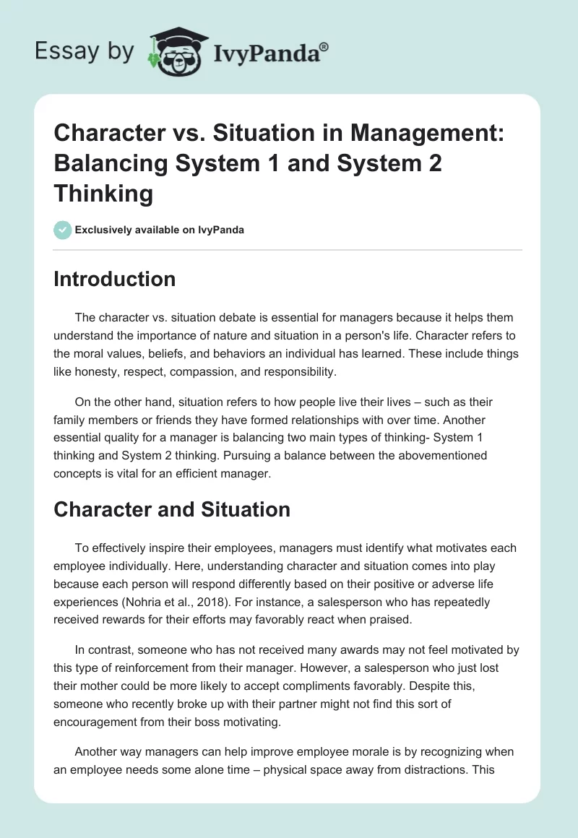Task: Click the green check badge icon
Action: pyautogui.click(x=62, y=230)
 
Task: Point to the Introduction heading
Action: pyautogui.click(x=114, y=279)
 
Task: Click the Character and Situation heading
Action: pyautogui.click(x=172, y=509)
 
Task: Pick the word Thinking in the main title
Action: pyautogui.click(x=103, y=194)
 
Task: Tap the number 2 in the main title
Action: pyautogui.click(x=433, y=163)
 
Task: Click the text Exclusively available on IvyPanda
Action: pyautogui.click(x=159, y=230)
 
